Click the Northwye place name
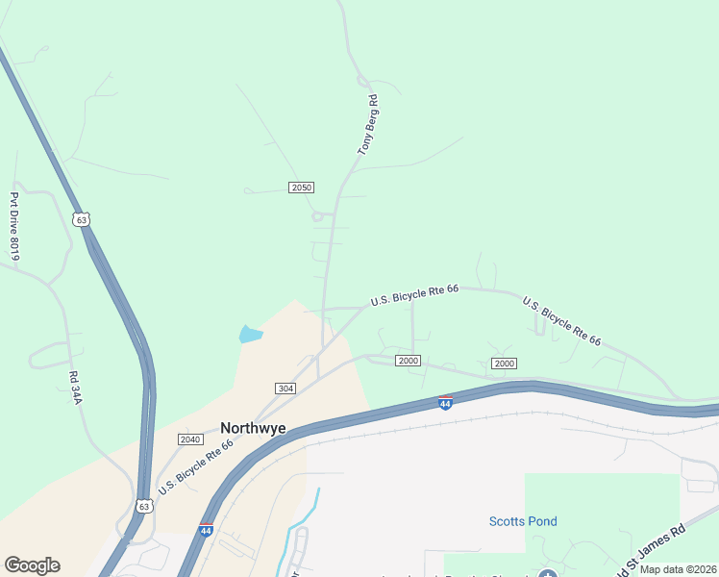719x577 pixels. pyautogui.click(x=253, y=428)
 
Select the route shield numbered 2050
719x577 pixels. pyautogui.click(x=302, y=187)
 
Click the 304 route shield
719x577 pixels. pyautogui.click(x=285, y=388)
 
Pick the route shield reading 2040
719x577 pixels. pyautogui.click(x=190, y=439)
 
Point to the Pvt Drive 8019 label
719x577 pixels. pyautogui.click(x=15, y=225)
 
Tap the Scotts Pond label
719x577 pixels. pyautogui.click(x=523, y=522)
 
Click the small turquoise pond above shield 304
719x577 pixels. pyautogui.click(x=250, y=335)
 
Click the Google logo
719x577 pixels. pyautogui.click(x=32, y=565)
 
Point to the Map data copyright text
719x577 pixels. pyautogui.click(x=678, y=568)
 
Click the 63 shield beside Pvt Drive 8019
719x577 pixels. pyautogui.click(x=82, y=219)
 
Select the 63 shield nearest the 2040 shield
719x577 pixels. pyautogui.click(x=143, y=506)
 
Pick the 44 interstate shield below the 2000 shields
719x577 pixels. pyautogui.click(x=445, y=403)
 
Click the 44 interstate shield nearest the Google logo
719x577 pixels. pyautogui.click(x=206, y=530)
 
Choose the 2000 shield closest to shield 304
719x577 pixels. pyautogui.click(x=408, y=361)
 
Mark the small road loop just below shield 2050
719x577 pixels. pyautogui.click(x=317, y=216)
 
